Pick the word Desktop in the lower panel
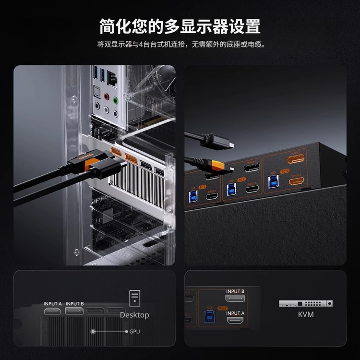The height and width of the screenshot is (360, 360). point(134,315)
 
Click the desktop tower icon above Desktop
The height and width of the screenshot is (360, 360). point(134,298)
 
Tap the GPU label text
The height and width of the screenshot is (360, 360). point(135,331)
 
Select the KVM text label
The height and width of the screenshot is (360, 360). point(306,314)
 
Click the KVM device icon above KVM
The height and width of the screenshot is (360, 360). point(306,303)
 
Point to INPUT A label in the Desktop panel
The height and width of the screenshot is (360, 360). point(53,303)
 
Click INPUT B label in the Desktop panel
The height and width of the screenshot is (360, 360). point(74,303)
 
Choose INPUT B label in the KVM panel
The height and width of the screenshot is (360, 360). point(235,291)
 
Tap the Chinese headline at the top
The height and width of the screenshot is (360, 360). point(180,26)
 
